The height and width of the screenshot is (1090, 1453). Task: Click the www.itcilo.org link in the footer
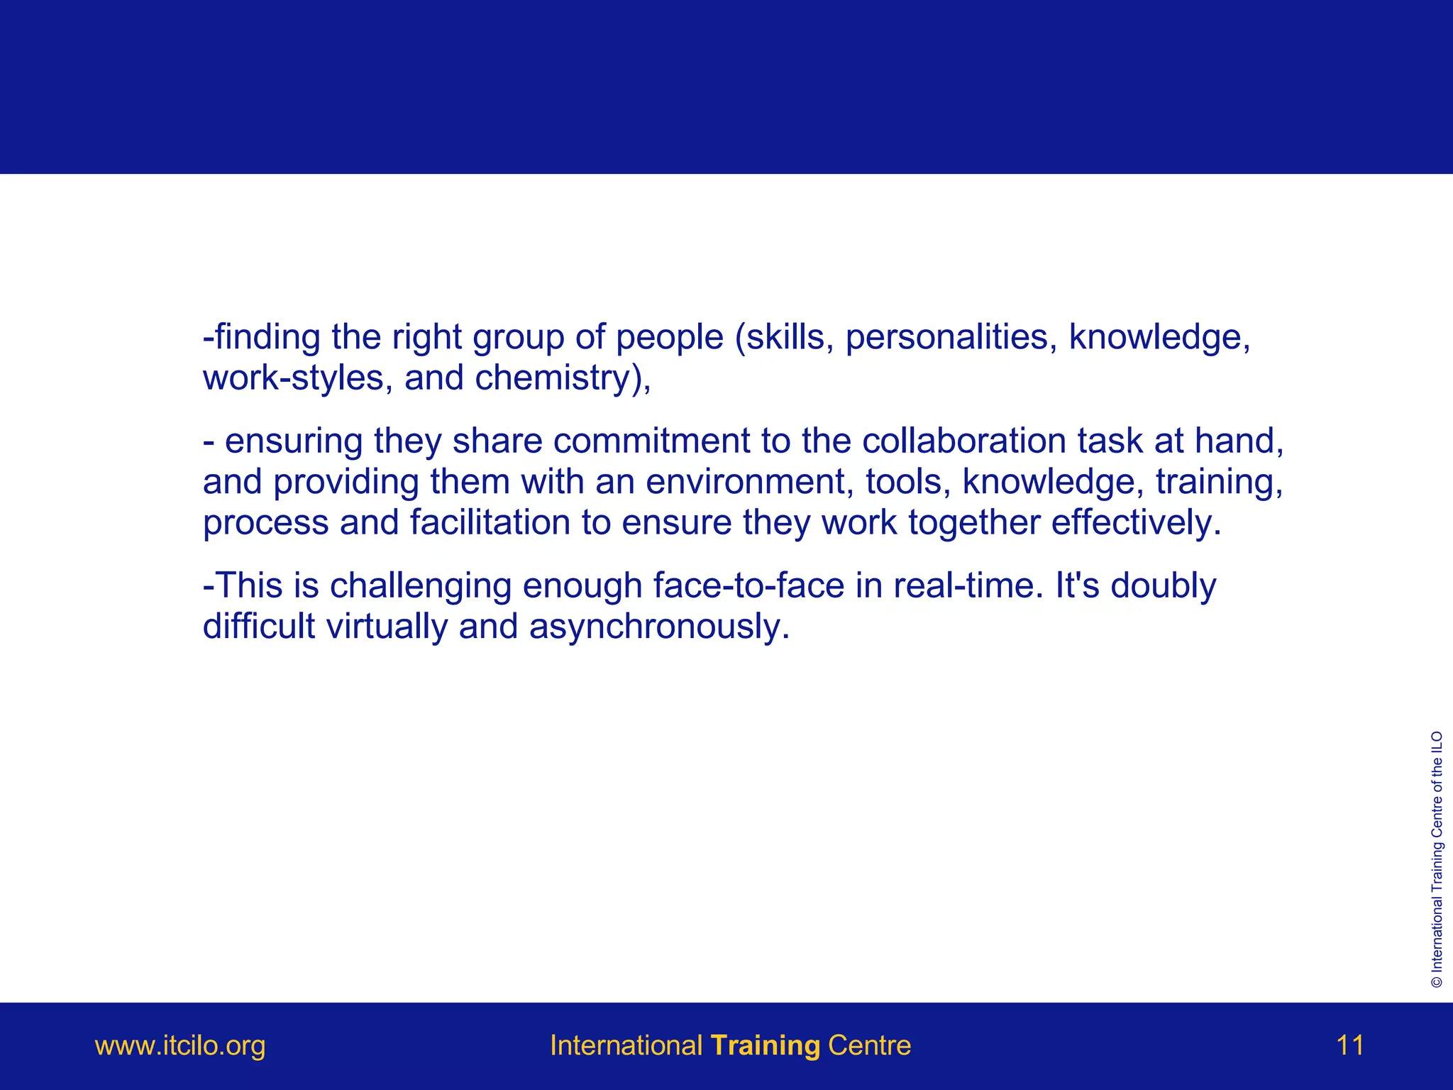point(180,1046)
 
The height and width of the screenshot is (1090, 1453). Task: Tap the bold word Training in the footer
point(766,1046)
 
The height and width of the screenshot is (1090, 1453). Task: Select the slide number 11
point(1349,1046)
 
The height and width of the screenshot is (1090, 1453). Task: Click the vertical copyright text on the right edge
point(1437,859)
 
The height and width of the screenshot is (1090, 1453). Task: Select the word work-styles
point(293,378)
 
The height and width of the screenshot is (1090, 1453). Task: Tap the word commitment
point(651,441)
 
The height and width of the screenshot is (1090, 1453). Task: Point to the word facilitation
point(490,523)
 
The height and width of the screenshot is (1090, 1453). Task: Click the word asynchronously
point(658,627)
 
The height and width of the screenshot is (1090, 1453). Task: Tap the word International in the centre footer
point(626,1046)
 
